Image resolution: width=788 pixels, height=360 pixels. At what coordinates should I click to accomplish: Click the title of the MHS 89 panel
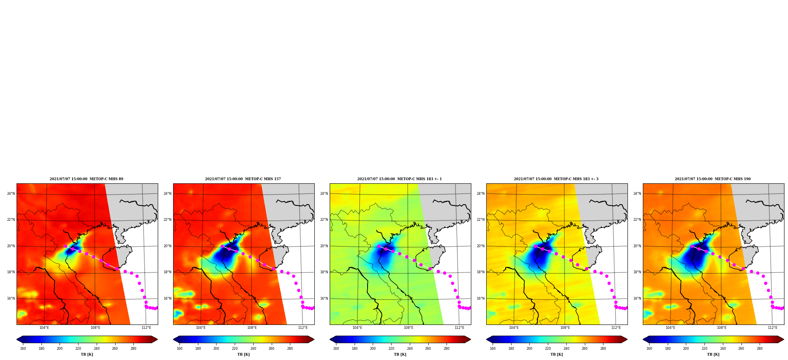point(86,179)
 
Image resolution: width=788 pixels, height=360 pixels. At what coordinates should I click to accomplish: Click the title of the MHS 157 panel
point(243,179)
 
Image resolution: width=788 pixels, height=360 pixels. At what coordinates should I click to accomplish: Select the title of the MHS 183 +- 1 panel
point(400,179)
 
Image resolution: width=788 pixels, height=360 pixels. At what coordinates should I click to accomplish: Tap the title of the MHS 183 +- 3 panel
point(556,179)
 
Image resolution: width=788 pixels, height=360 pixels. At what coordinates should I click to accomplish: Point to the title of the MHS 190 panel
point(713,179)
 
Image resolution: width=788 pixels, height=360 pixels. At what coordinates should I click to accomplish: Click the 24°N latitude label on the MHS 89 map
point(11,194)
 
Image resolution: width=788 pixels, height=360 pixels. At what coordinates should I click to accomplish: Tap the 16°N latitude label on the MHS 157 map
point(168,298)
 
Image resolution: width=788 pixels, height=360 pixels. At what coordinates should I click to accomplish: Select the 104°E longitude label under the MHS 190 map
point(670,328)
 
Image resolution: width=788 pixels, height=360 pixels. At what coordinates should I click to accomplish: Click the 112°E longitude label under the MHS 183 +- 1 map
point(459,328)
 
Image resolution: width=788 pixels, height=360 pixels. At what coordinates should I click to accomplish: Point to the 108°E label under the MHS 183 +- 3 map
point(565,328)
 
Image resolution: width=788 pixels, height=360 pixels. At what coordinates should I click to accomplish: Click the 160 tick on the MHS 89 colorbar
point(23,349)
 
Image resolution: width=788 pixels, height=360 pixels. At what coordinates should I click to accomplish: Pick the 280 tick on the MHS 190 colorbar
point(760,349)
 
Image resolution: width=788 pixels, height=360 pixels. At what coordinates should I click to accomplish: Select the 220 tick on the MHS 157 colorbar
point(235,349)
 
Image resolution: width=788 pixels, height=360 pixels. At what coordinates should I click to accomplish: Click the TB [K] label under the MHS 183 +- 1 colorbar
point(400,354)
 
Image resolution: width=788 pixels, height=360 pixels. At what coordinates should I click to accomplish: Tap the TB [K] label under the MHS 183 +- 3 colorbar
point(557,354)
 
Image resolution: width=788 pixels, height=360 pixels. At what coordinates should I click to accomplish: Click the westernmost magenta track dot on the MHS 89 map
point(66,246)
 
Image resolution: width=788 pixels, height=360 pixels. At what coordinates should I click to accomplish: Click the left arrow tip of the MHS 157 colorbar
point(174,339)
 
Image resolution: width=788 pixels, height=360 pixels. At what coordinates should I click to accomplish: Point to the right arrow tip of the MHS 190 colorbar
point(784,339)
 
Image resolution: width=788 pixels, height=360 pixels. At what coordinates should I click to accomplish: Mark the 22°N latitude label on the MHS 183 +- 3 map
point(481,220)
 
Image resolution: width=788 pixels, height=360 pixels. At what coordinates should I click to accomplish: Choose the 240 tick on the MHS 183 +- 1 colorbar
point(410,349)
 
